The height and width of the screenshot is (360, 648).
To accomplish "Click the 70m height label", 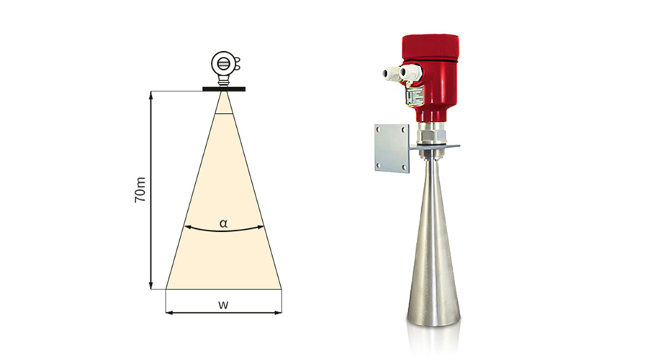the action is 140,189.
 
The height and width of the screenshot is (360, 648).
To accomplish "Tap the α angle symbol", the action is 224,224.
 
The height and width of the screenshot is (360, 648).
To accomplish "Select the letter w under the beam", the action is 223,305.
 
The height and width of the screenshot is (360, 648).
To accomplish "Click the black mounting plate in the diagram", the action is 224,89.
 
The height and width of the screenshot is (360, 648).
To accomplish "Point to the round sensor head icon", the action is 223,63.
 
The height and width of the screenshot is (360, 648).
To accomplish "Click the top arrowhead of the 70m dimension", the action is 151,95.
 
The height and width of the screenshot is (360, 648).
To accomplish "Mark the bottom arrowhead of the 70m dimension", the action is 151,285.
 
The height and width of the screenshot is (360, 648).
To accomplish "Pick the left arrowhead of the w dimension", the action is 169,312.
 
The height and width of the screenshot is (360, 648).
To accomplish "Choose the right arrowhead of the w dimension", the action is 278,312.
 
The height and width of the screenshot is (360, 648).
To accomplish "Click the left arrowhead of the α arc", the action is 187,227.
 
